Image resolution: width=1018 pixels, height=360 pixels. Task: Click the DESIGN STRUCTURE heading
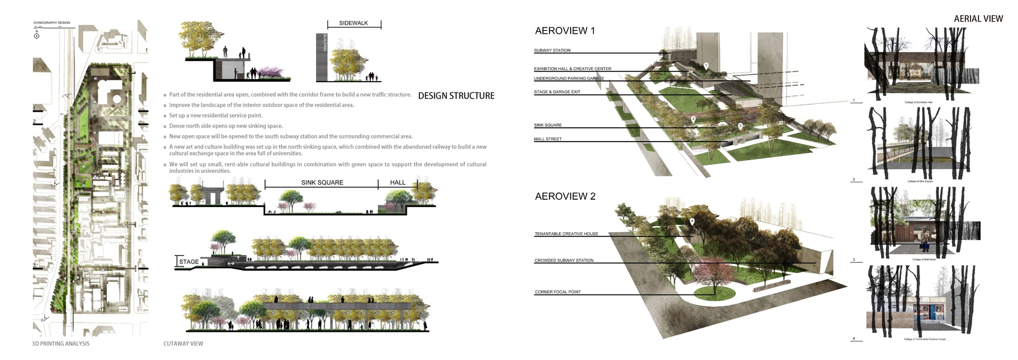(x=456, y=96)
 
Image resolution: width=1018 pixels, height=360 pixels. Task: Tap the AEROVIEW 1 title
(x=564, y=31)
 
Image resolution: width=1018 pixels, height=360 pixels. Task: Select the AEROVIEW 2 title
(x=565, y=196)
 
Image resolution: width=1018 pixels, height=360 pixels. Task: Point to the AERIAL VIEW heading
(x=978, y=19)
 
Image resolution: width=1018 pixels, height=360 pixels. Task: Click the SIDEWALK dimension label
(x=353, y=23)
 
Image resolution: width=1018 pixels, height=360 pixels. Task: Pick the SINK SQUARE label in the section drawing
(x=322, y=182)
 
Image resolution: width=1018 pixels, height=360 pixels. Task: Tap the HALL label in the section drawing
(x=398, y=182)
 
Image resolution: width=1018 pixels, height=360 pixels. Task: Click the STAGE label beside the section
(x=188, y=262)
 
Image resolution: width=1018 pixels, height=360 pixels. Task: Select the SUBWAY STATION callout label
(x=552, y=50)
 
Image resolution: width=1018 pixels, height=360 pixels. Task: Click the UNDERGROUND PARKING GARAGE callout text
(x=569, y=79)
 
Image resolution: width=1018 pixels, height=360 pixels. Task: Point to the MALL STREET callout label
(x=548, y=139)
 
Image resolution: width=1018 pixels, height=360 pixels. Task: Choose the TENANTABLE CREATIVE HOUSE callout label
(x=566, y=233)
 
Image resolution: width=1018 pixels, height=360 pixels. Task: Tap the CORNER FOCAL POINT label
(x=557, y=292)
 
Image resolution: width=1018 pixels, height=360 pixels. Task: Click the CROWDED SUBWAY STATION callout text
(x=564, y=260)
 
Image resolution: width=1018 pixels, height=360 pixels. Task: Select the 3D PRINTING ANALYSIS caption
(x=61, y=344)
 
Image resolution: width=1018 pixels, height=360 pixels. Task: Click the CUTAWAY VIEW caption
(x=183, y=344)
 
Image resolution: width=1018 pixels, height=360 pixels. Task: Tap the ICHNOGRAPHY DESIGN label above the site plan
(x=52, y=23)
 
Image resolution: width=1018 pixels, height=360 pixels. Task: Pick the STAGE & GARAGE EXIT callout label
(x=557, y=92)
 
